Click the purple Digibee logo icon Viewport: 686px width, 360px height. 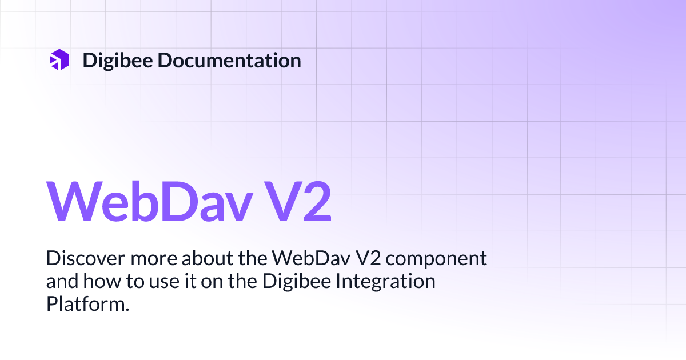tap(59, 59)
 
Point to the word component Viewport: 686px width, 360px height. tap(437, 259)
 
